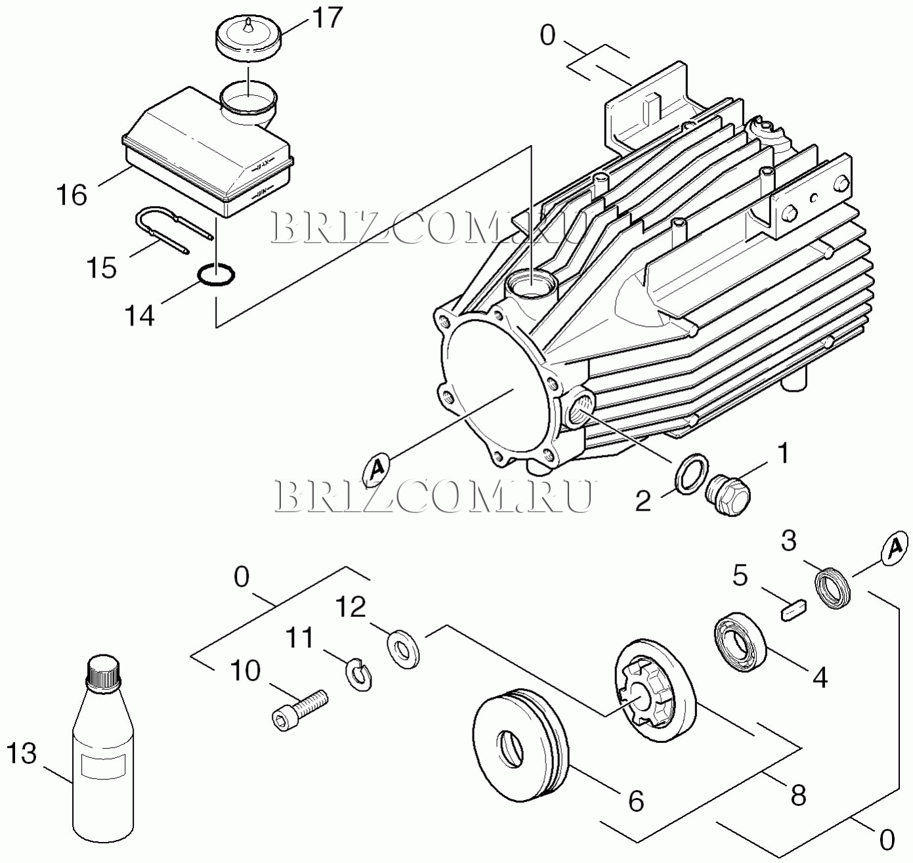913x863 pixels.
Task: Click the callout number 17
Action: click(327, 18)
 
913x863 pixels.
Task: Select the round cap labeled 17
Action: click(249, 41)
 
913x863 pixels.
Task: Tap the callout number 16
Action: click(72, 195)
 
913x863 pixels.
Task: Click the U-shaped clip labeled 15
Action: click(174, 229)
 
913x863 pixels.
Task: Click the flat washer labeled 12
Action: click(402, 648)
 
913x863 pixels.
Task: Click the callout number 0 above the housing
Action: click(548, 35)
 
